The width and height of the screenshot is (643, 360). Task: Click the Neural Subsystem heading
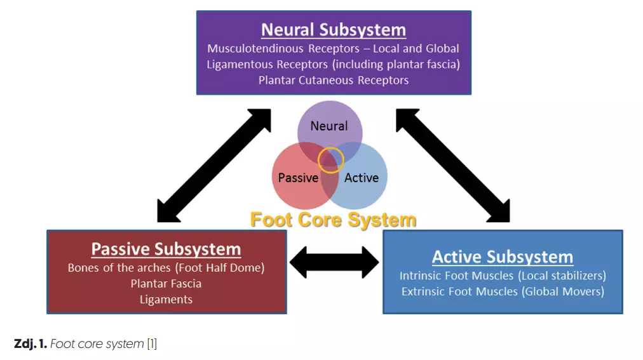tap(334, 30)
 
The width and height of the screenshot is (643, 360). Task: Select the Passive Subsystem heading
tap(166, 249)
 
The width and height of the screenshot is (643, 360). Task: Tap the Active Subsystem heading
tap(503, 257)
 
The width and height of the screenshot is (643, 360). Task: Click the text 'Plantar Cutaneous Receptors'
tap(334, 80)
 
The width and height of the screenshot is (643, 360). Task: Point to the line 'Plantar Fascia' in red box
tap(166, 283)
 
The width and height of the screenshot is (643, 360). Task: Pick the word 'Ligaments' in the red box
tap(166, 300)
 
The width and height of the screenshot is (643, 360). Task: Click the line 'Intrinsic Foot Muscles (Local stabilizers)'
tap(503, 276)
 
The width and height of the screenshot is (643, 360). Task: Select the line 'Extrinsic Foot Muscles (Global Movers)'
tap(503, 291)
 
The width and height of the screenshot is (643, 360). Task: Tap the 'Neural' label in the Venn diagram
tap(329, 126)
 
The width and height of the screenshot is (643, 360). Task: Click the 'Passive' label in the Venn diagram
tap(298, 178)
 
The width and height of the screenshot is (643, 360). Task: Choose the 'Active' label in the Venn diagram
tap(362, 178)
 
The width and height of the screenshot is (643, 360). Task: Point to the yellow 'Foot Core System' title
tap(334, 220)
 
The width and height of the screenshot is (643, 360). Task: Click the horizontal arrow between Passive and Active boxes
tap(334, 262)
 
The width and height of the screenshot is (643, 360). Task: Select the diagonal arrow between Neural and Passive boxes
tap(214, 166)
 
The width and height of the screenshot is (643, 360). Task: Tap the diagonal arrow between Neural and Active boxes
tap(453, 166)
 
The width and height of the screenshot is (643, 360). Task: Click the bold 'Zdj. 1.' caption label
tap(30, 343)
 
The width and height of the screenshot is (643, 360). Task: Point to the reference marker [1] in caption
tap(152, 343)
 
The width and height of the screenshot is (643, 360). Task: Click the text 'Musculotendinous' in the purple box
tap(255, 49)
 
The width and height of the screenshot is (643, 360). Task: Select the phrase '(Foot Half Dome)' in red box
tap(220, 268)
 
